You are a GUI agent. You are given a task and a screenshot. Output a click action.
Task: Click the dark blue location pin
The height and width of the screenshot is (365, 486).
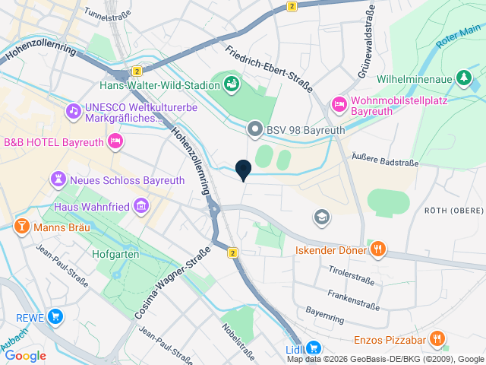pyautogui.click(x=243, y=170)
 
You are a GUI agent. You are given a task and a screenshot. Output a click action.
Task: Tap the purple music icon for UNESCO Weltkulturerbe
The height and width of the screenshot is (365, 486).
pyautogui.click(x=73, y=110)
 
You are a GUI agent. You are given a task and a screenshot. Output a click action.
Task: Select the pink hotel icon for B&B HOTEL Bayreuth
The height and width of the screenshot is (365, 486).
pyautogui.click(x=115, y=141)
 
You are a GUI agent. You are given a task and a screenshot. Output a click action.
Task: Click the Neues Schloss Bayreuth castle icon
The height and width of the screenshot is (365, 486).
pyautogui.click(x=58, y=179)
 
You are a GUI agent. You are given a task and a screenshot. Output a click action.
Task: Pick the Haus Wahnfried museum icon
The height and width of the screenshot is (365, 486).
pyautogui.click(x=140, y=206)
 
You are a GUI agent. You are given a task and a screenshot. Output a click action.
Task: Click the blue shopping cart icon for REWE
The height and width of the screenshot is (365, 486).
pyautogui.click(x=55, y=316)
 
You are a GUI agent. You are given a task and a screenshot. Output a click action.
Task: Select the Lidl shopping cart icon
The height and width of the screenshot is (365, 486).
pyautogui.click(x=312, y=347)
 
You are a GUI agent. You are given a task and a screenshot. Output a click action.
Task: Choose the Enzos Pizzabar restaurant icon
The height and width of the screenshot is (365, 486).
pyautogui.click(x=437, y=338)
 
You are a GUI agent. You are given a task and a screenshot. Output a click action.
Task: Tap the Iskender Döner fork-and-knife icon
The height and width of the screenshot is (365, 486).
pyautogui.click(x=378, y=248)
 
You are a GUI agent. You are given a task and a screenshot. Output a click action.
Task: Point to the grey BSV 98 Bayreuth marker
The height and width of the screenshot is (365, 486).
pyautogui.click(x=255, y=130)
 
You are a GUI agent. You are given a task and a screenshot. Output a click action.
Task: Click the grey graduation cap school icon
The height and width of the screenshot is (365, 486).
pyautogui.click(x=322, y=217)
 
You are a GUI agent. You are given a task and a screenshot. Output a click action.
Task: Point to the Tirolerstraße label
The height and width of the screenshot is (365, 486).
pyautogui.click(x=351, y=275)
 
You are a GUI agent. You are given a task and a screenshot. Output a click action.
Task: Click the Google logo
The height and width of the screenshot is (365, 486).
pyautogui.click(x=25, y=355)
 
